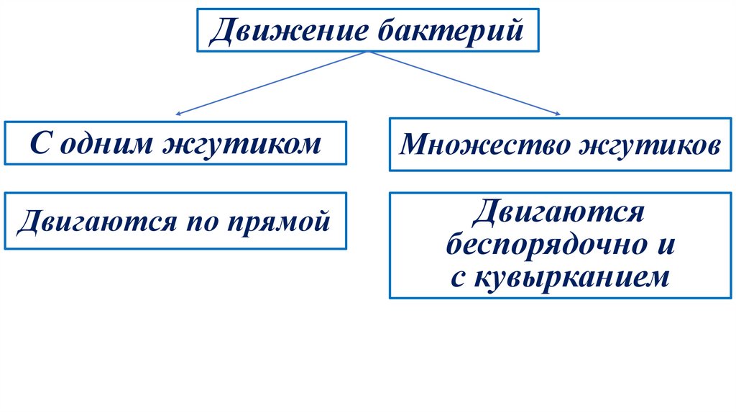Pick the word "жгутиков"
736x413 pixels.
pyautogui.click(x=650, y=146)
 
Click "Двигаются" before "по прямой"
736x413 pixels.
pyautogui.click(x=91, y=219)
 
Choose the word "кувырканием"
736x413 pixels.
pyautogui.click(x=571, y=277)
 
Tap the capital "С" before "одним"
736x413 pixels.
pyautogui.click(x=41, y=144)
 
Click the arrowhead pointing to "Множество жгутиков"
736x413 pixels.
pyautogui.click(x=557, y=112)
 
